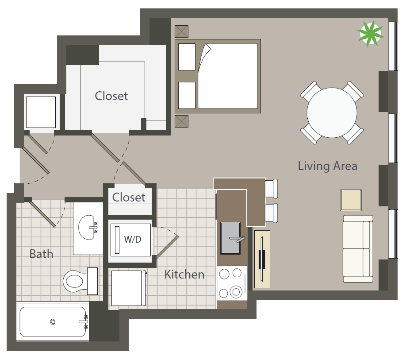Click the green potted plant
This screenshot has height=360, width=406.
[370, 34]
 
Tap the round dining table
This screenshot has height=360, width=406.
[332, 113]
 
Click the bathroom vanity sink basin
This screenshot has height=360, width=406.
[86, 227]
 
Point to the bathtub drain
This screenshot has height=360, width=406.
[53, 322]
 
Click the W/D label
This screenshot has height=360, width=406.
[133, 239]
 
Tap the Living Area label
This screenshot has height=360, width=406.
[328, 166]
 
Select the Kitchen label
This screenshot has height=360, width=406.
[184, 274]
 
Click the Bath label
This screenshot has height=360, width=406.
[42, 254]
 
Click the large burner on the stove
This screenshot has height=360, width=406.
[236, 292]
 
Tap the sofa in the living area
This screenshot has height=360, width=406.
[358, 249]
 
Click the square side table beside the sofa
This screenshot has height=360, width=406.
[351, 200]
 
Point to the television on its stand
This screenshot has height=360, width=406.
[262, 259]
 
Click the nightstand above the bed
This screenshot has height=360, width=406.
[181, 31]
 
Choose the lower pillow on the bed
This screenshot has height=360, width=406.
[187, 95]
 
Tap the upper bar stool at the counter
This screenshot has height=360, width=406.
[271, 188]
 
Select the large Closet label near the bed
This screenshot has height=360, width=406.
[111, 96]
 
